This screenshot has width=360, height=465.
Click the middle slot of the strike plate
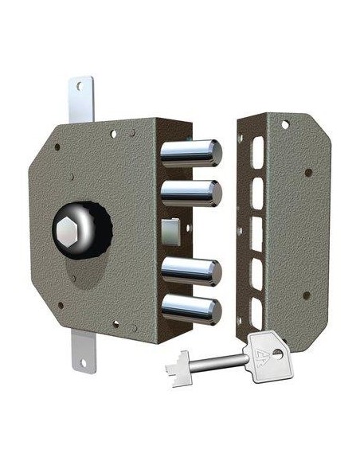257,232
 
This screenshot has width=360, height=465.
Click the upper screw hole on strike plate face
307,173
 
